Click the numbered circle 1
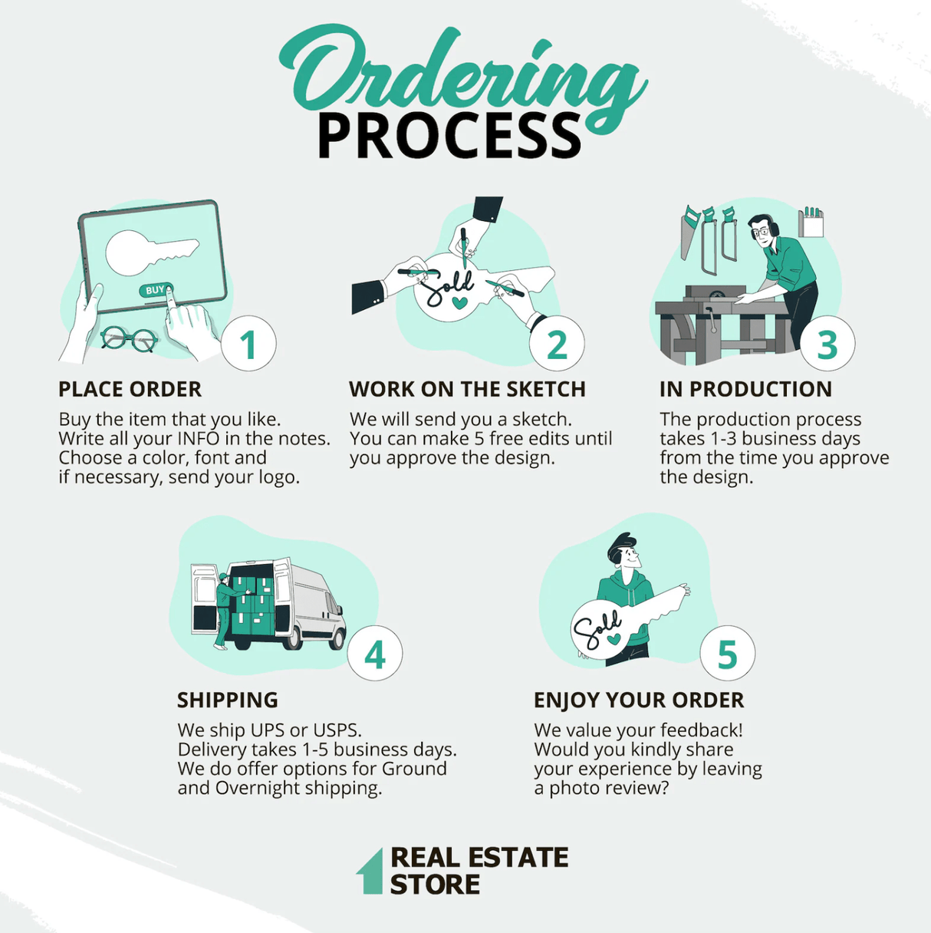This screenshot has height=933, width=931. [x=248, y=344]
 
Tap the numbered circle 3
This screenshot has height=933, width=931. [x=827, y=344]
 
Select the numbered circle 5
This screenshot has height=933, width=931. [x=727, y=654]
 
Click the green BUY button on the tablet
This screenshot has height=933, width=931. [x=156, y=290]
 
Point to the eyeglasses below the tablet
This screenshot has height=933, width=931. [x=129, y=338]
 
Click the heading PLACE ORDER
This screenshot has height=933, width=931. [x=130, y=389]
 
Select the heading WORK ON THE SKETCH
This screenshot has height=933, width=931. [x=467, y=389]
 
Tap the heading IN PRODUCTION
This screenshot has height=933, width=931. [x=745, y=389]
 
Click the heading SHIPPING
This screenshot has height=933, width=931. [x=228, y=700]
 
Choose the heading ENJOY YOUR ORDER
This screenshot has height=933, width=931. [x=639, y=700]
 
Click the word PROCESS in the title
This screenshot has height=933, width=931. [x=449, y=137]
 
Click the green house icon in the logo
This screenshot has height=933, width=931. [x=370, y=872]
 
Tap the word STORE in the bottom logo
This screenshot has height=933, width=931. [x=435, y=885]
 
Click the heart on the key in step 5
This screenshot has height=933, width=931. [x=614, y=638]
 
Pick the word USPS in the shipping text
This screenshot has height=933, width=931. [x=333, y=730]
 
